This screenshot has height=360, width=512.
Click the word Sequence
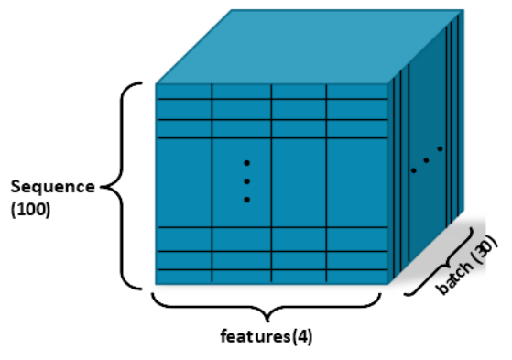(52, 187)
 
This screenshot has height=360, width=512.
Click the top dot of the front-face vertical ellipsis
(246, 163)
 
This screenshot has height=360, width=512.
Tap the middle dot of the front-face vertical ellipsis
(246, 180)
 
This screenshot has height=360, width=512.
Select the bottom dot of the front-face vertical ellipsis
(246, 199)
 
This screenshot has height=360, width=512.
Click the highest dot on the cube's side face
(440, 148)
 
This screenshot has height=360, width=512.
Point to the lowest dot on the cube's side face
(413, 170)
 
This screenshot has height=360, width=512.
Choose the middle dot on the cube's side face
(426, 160)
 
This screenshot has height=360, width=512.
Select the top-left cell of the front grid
(184, 91)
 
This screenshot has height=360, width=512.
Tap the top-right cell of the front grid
(356, 91)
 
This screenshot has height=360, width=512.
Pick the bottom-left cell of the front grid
(184, 276)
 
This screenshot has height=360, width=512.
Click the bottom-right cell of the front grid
(356, 276)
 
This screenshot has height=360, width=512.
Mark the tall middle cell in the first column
(184, 181)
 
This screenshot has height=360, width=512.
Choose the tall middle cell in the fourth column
(356, 181)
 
